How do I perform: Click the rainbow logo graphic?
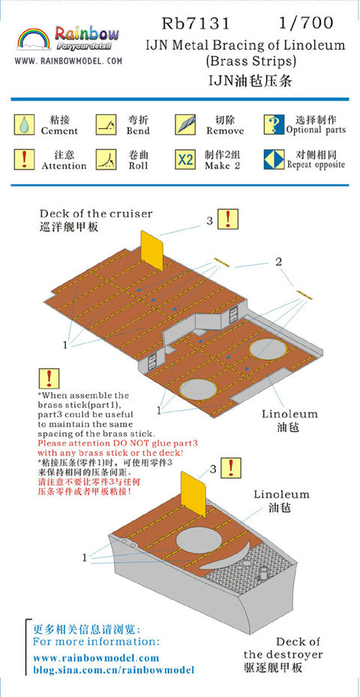[x=34, y=39]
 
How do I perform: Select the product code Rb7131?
[x=196, y=23]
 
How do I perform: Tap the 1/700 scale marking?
[x=305, y=23]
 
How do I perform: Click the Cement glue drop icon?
[x=23, y=125]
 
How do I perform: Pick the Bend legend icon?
[x=106, y=125]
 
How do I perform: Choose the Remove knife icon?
[x=185, y=125]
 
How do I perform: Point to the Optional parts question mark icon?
[x=274, y=125]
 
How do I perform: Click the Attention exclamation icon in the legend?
[x=23, y=159]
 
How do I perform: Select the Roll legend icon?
[x=106, y=159]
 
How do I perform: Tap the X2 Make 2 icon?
[x=185, y=159]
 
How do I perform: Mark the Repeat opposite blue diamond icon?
[x=274, y=159]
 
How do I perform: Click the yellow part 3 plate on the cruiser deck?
[x=152, y=250]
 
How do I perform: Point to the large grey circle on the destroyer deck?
[x=199, y=541]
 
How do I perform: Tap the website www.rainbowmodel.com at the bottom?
[x=96, y=657]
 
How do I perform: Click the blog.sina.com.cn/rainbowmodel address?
[x=114, y=670]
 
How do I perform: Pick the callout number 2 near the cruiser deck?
[x=278, y=262]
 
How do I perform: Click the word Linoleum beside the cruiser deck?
[x=289, y=414]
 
